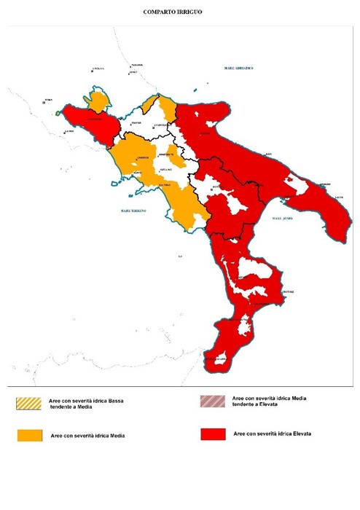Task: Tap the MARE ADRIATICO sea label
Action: (238, 67)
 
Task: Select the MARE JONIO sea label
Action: (282, 218)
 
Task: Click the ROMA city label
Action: (49, 100)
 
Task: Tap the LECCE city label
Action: (339, 197)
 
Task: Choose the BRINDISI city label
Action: (325, 183)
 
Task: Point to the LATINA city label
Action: (69, 132)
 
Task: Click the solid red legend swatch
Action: (211, 434)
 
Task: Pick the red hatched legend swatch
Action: (211, 401)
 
